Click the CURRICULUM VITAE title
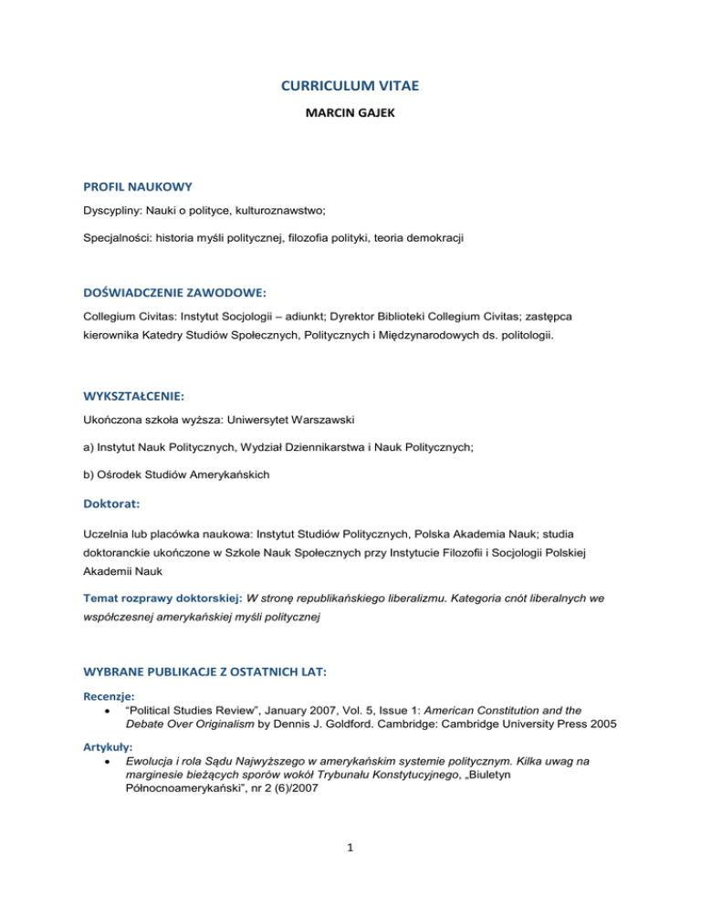click(x=350, y=88)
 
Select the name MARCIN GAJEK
click(x=350, y=118)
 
